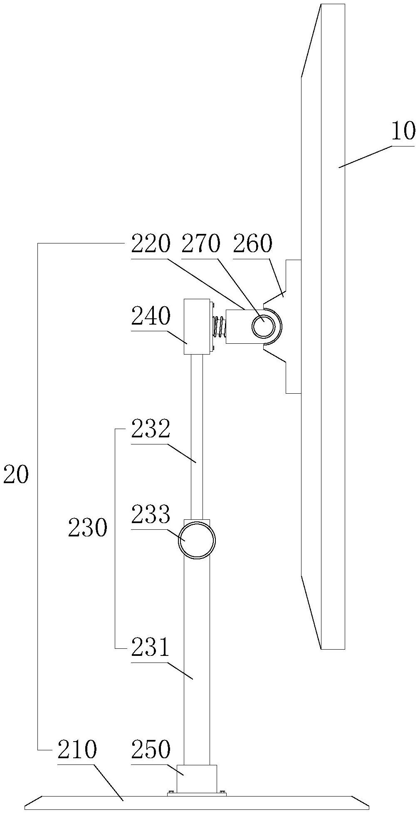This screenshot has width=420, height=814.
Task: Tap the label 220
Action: (151, 244)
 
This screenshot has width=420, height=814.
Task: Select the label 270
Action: (200, 244)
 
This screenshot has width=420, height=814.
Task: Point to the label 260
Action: (252, 244)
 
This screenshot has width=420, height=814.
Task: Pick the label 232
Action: (151, 429)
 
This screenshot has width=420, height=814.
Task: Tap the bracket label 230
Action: (87, 529)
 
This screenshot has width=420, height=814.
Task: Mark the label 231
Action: (151, 648)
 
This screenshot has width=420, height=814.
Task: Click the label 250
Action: (151, 749)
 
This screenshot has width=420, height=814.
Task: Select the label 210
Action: (77, 749)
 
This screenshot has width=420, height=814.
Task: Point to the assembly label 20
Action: (16, 475)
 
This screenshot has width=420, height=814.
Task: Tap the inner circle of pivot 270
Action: (263, 326)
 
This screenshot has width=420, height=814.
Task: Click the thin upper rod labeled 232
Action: (197, 437)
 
